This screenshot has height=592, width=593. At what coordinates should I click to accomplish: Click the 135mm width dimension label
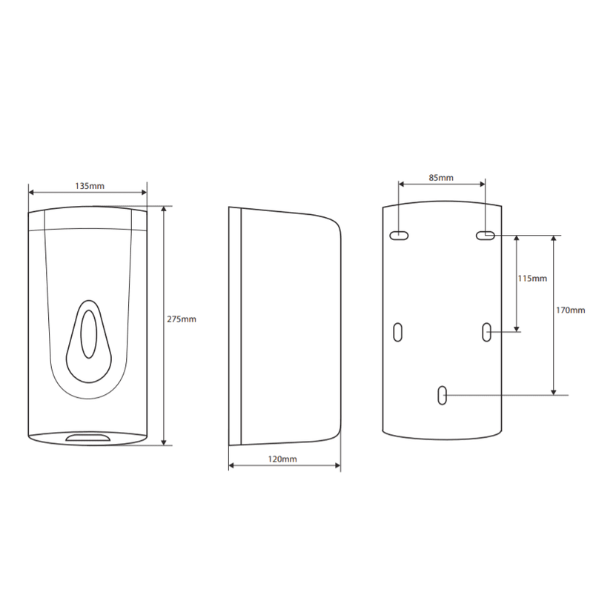pyautogui.click(x=89, y=186)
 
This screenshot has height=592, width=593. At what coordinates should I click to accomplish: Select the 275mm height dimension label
pyautogui.click(x=182, y=319)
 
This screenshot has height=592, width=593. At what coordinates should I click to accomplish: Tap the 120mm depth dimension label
pyautogui.click(x=282, y=459)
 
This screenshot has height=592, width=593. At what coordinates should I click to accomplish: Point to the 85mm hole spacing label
pyautogui.click(x=441, y=178)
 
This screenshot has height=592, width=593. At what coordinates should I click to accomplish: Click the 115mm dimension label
pyautogui.click(x=532, y=279)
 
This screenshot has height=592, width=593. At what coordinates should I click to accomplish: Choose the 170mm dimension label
pyautogui.click(x=570, y=310)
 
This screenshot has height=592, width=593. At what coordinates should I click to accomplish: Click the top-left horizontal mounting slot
pyautogui.click(x=399, y=236)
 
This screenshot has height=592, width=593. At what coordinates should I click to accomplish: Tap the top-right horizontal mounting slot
pyautogui.click(x=486, y=236)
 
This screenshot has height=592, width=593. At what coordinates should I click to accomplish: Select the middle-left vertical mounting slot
pyautogui.click(x=397, y=332)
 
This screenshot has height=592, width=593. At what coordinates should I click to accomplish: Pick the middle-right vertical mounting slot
pyautogui.click(x=487, y=332)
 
